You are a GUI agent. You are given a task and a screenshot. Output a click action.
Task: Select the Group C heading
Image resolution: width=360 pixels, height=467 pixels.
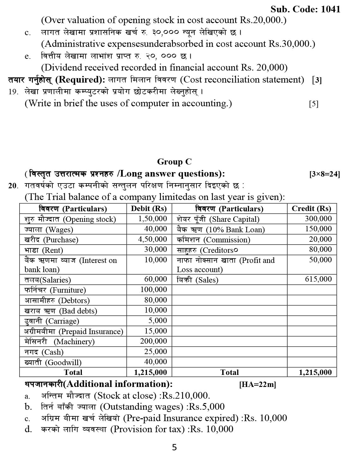pyautogui.click(x=174, y=162)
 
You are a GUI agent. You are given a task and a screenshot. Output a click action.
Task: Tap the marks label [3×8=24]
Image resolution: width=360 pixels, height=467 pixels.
pyautogui.click(x=325, y=174)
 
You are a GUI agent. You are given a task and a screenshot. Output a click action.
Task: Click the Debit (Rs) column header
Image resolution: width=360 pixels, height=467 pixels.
pyautogui.click(x=149, y=209)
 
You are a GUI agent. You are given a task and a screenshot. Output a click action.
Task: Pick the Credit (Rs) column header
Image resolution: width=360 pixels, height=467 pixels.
pyautogui.click(x=311, y=209)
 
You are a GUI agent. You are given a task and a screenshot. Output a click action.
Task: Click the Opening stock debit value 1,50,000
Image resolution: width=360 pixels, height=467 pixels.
pyautogui.click(x=153, y=219)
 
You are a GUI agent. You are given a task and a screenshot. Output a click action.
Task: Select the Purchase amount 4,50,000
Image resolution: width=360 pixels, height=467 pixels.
pyautogui.click(x=153, y=239)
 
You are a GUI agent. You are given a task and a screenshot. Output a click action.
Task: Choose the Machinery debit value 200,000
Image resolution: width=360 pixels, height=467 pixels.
pyautogui.click(x=154, y=341)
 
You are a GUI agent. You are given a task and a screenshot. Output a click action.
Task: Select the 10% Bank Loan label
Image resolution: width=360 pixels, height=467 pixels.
pyautogui.click(x=221, y=229)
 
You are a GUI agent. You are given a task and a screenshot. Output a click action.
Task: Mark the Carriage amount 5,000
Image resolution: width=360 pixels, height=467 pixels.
pyautogui.click(x=158, y=321)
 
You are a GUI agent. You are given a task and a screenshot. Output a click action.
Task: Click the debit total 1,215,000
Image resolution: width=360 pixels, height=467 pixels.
pyautogui.click(x=150, y=372)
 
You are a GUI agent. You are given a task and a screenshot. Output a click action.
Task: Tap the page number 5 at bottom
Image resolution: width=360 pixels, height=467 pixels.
pyautogui.click(x=174, y=447)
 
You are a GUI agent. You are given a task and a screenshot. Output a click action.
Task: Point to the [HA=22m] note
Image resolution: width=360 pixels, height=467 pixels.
pyautogui.click(x=258, y=384)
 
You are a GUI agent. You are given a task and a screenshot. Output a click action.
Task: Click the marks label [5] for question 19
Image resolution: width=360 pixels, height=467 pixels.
pyautogui.click(x=314, y=104)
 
